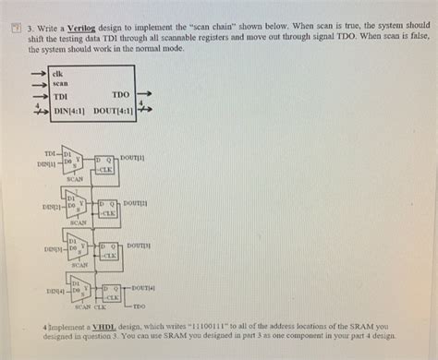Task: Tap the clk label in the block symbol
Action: (58, 71)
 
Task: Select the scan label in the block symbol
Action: (61, 82)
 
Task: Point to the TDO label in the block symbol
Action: (120, 94)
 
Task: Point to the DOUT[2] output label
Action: (136, 202)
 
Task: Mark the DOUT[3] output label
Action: (139, 246)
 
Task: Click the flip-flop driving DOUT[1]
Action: (103, 164)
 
